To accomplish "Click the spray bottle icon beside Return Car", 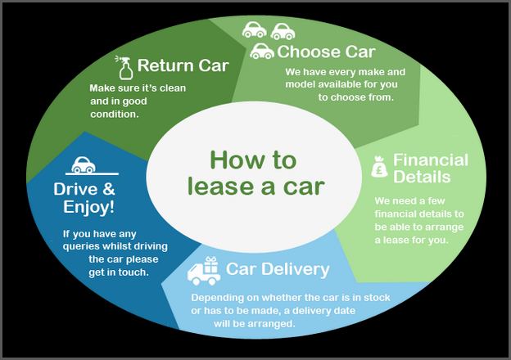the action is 124,68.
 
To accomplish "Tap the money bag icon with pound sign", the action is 379,167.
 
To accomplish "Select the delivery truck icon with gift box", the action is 204,271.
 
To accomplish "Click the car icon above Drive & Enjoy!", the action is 84,164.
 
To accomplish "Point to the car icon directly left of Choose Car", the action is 262,51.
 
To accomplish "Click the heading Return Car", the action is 183,65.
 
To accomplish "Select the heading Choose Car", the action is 326,52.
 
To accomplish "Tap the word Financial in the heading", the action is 431,160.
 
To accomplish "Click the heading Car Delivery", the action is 278,269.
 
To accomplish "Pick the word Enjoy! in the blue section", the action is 89,207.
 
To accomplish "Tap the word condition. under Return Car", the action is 115,115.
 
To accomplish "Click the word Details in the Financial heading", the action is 422,177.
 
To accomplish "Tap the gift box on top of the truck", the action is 210,264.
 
